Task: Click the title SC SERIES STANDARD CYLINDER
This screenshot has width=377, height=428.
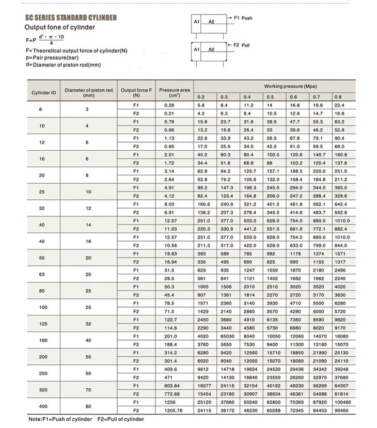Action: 71,18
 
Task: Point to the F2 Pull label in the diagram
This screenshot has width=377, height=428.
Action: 242,45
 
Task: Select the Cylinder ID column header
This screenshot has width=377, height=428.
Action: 44,92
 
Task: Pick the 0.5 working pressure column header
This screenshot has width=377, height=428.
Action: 270,97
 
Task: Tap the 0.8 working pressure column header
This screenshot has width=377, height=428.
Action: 338,97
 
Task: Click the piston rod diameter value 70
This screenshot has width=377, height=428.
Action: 88,389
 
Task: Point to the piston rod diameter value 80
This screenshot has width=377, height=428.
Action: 88,406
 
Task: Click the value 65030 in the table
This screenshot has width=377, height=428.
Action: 226,336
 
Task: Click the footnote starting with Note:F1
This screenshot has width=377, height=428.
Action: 86,419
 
